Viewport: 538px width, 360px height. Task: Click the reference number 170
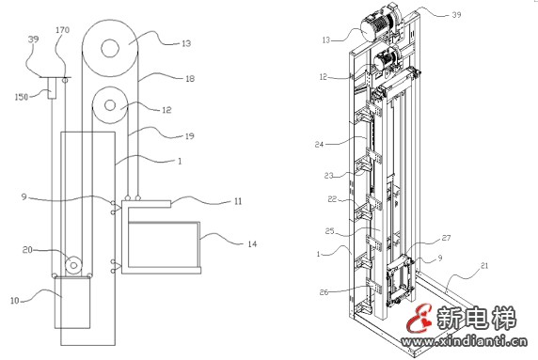(62, 30)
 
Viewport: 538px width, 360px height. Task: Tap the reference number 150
(21, 97)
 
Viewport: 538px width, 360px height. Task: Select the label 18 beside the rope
(190, 79)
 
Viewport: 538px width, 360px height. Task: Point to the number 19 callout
(189, 136)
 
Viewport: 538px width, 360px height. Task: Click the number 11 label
(238, 201)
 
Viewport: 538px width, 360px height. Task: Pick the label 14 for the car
(252, 244)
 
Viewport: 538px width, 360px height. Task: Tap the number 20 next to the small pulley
(27, 250)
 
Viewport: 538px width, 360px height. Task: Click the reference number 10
(14, 301)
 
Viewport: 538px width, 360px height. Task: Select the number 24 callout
(319, 145)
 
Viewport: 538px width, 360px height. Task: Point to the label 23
(328, 176)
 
